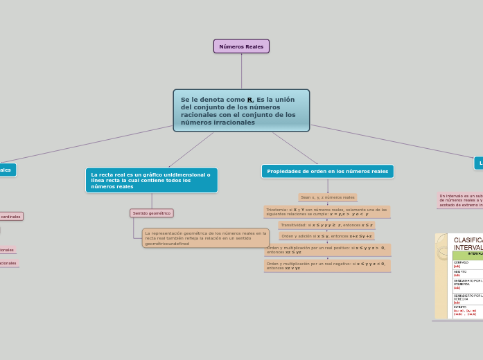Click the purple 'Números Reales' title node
[x=241, y=46]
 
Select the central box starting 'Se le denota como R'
[x=241, y=110]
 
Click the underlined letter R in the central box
[x=249, y=100]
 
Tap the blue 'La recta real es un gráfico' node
[x=151, y=180]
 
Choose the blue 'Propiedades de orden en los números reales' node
[x=327, y=171]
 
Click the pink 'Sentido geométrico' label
[x=151, y=213]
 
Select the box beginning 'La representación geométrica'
[x=205, y=238]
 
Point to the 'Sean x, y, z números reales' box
[x=327, y=197]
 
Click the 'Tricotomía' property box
[x=326, y=211]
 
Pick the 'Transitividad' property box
[x=326, y=225]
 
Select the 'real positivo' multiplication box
[x=326, y=249]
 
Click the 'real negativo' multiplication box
[x=326, y=266]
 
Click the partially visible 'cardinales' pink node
[x=10, y=217]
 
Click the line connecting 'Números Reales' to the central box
[x=241, y=71]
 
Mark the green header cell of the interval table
[x=468, y=255]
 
